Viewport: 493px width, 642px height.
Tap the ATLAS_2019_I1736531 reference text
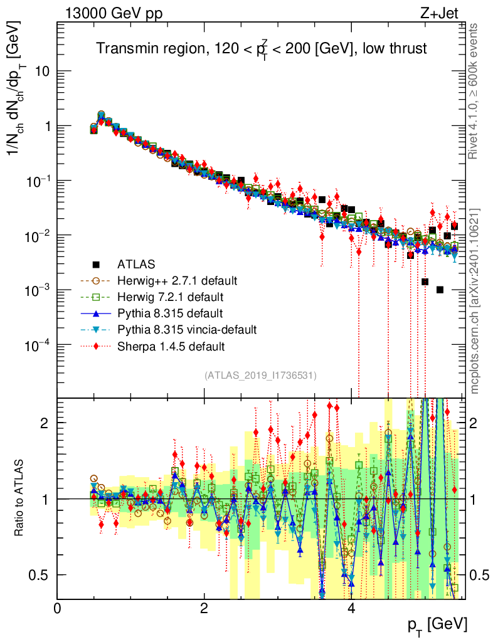pos(260,376)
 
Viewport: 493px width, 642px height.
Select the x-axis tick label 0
pos(57,608)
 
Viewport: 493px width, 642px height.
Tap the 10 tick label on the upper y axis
pos(42,71)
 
